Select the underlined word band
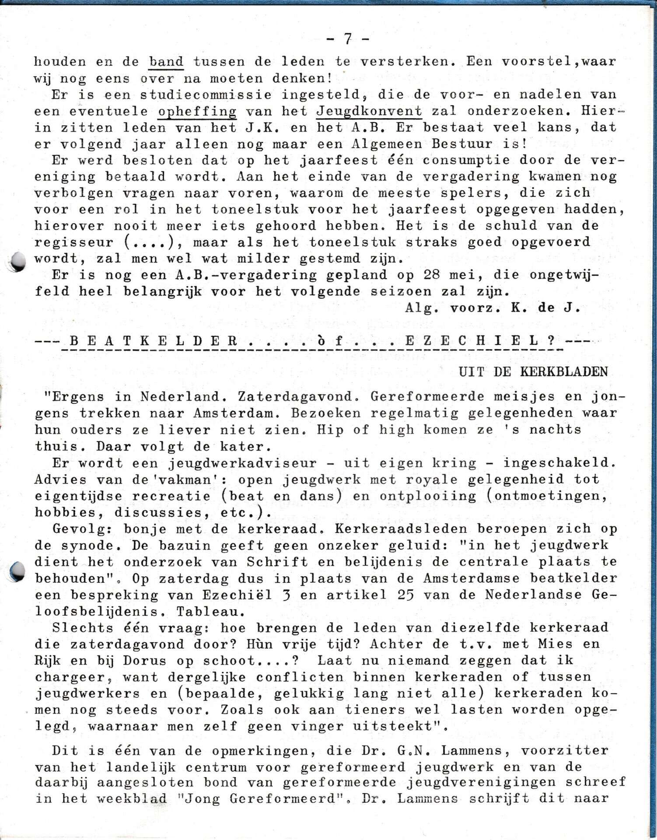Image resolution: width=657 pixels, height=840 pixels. pos(166,61)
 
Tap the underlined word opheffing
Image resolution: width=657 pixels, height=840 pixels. pos(197,111)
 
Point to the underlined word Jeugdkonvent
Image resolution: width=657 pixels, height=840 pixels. pos(369,111)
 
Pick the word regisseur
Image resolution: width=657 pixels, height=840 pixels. pos(73,242)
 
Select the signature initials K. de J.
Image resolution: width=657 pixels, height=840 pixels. pos(545,308)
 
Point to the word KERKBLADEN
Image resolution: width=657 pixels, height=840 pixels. pos(564,372)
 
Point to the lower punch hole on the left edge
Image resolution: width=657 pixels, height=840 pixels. pos(17,572)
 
